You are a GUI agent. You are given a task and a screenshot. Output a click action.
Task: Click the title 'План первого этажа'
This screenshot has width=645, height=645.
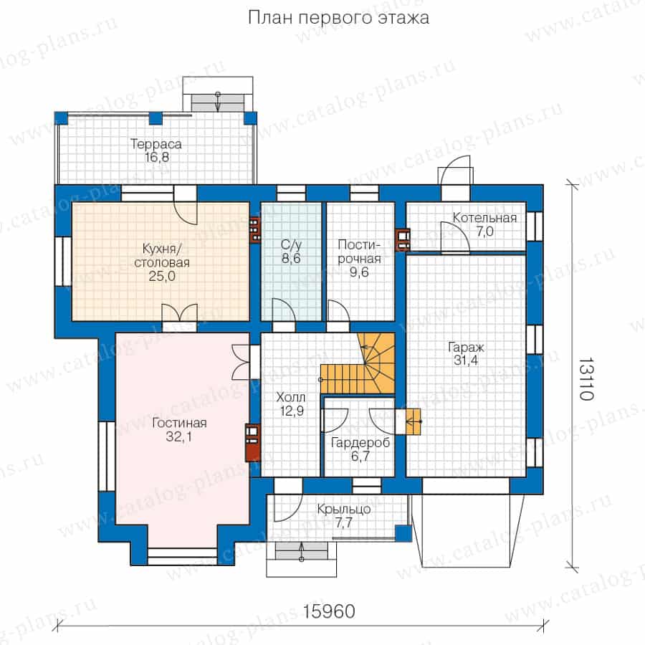[338, 18]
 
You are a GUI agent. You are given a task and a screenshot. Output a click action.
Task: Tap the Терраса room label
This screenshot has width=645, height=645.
[156, 144]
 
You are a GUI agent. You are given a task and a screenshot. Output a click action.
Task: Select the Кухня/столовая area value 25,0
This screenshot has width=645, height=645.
[162, 276]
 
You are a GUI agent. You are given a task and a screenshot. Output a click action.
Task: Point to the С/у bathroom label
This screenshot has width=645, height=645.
[291, 245]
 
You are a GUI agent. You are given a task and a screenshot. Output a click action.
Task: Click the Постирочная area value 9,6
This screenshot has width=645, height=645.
[359, 272]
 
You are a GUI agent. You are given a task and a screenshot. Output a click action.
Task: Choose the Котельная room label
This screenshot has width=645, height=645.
[484, 218]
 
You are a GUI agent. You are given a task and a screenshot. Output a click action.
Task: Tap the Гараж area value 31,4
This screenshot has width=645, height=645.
[466, 360]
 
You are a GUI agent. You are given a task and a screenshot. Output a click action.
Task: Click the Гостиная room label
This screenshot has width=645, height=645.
[179, 423]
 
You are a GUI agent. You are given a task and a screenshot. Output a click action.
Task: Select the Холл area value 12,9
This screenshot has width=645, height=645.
[292, 411]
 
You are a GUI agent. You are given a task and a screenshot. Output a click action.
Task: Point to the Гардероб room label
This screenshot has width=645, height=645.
[360, 443]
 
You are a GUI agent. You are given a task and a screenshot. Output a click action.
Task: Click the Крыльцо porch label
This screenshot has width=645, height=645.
[343, 510]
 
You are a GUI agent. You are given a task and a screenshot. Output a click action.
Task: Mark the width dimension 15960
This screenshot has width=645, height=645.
[329, 611]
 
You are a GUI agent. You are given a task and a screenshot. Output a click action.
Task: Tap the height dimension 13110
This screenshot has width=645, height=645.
[586, 378]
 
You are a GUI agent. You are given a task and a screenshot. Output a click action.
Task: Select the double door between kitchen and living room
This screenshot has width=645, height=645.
[180, 312]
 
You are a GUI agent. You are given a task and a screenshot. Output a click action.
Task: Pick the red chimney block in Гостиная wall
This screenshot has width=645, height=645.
[252, 442]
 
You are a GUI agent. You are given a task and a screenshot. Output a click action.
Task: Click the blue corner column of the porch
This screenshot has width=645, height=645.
[403, 533]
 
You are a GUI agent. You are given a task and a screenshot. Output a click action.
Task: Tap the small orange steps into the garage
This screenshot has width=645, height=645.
[413, 421]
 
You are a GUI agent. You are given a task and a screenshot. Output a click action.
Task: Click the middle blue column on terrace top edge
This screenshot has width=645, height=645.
[156, 118]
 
